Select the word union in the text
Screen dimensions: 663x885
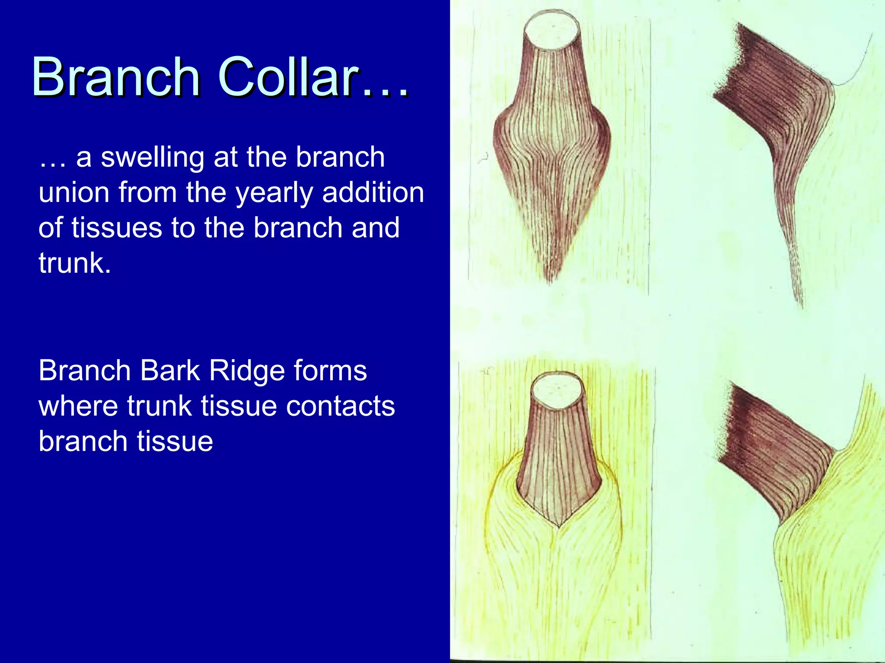pos(73,193)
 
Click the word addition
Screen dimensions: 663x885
pos(373,193)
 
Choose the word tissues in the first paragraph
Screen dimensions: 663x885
pos(116,228)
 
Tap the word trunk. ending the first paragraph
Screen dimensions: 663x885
pos(74,263)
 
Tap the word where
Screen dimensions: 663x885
pos(78,406)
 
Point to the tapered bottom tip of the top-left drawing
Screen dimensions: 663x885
pos(551,278)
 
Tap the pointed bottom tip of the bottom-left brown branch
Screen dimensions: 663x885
pos(558,525)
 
